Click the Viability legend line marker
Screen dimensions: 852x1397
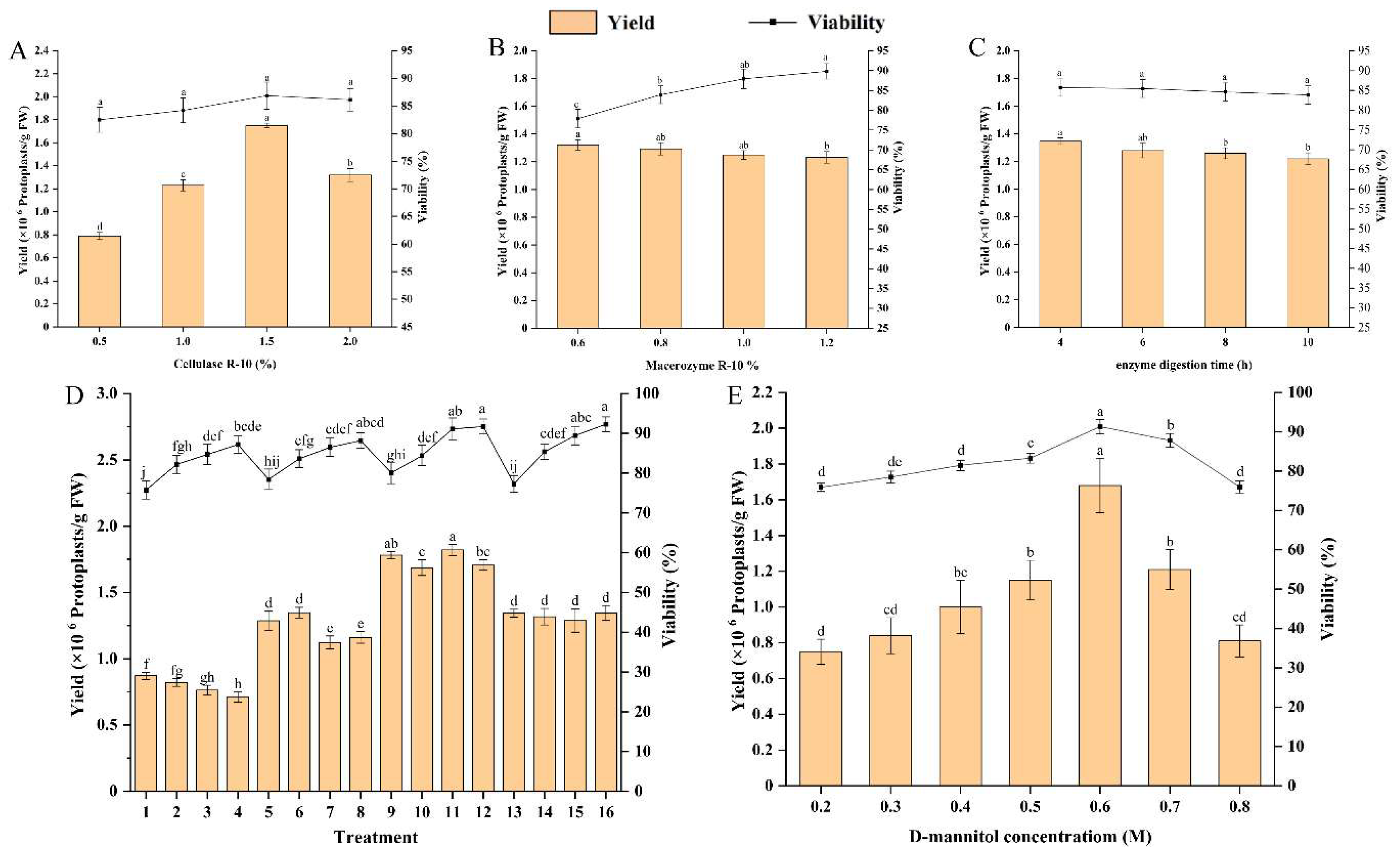point(772,22)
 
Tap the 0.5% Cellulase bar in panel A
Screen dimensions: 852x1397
point(99,281)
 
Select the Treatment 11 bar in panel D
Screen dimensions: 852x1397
point(453,670)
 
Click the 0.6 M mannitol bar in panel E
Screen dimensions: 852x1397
point(1100,635)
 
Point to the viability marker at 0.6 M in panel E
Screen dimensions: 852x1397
point(1100,426)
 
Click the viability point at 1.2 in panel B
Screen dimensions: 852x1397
point(826,71)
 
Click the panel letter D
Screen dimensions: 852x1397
point(75,395)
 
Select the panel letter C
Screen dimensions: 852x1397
point(977,48)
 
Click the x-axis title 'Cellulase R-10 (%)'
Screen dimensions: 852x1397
point(224,364)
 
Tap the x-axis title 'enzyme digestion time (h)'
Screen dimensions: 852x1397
point(1184,365)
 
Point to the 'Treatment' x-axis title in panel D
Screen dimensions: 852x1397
point(376,837)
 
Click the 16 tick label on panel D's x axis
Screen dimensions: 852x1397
point(606,812)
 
